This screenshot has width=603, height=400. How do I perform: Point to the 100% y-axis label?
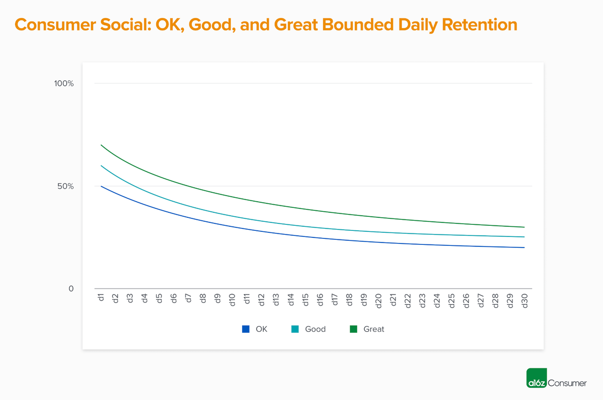click(x=64, y=83)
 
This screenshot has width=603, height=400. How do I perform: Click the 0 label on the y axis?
click(x=71, y=289)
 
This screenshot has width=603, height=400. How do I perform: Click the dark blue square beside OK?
click(x=246, y=329)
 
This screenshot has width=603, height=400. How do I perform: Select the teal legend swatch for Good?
click(x=295, y=329)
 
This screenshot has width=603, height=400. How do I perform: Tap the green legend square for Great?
click(x=353, y=329)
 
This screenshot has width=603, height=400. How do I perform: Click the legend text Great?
click(x=373, y=329)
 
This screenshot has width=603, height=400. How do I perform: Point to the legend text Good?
click(x=315, y=329)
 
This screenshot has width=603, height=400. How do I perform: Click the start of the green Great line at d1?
click(x=101, y=145)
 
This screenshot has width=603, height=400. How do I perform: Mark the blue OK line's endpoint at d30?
click(x=524, y=247)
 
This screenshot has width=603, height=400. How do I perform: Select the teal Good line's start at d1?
click(x=101, y=166)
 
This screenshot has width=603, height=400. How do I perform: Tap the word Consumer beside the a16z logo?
click(x=567, y=383)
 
